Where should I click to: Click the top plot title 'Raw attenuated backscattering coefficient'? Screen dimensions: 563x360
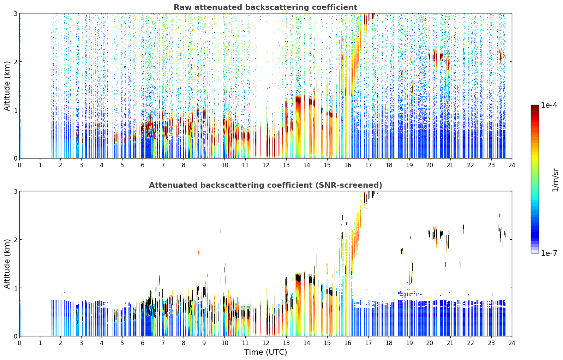tap(265, 7)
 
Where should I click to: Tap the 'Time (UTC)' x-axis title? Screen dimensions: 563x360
tap(265, 352)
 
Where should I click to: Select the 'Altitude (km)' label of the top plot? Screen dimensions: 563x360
tap(7, 86)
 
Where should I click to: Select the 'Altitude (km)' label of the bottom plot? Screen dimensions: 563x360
tap(7, 264)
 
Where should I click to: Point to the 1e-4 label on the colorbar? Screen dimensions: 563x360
tap(549, 105)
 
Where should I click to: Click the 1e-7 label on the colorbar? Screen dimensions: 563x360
tap(549, 253)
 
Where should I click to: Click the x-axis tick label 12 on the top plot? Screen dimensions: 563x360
tap(266, 165)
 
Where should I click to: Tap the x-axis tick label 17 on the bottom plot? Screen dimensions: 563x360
tap(368, 343)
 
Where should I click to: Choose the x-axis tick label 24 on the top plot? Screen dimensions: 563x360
tap(512, 165)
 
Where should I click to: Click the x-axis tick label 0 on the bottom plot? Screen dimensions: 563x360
tap(20, 343)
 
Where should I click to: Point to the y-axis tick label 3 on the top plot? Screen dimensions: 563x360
tap(15, 13)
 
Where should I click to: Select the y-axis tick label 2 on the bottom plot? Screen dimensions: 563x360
tap(15, 240)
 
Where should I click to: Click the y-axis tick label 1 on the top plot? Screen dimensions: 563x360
tap(15, 110)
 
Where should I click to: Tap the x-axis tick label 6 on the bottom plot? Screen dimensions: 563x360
tap(143, 343)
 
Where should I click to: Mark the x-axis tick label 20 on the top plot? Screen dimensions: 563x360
tap(430, 165)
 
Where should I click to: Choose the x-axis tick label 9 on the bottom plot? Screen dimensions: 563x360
tap(204, 343)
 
